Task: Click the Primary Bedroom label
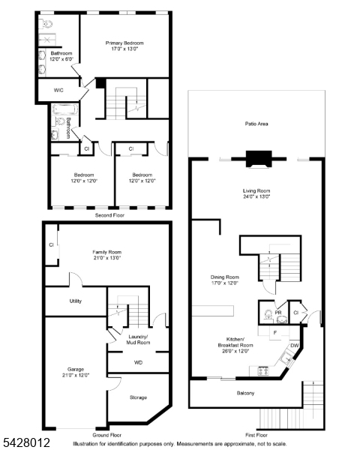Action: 124,43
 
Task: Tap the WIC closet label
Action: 58,90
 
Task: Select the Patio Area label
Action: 256,124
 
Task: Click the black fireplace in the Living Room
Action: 259,159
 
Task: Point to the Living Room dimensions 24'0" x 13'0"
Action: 256,196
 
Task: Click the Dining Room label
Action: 225,277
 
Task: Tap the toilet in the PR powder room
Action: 268,314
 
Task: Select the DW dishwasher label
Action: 295,346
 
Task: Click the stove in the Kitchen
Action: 263,371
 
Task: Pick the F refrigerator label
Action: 275,333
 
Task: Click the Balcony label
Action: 245,393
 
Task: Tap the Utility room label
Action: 76,301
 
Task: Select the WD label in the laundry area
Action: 138,362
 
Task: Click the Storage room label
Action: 138,397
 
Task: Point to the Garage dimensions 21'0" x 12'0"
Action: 76,375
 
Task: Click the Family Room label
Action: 106,252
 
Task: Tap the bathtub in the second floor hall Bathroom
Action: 65,109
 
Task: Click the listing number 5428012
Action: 26,442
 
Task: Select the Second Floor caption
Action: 109,215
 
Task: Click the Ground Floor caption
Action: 106,435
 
